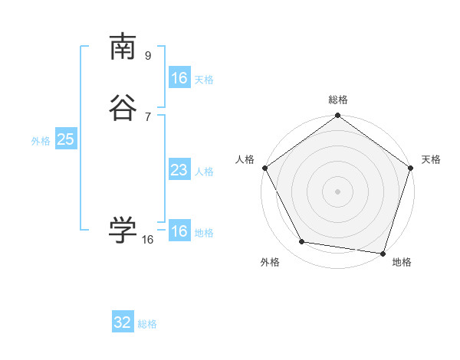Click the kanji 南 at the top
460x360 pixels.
coord(123,47)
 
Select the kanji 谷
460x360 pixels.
coord(123,108)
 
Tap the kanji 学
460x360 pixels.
coord(123,229)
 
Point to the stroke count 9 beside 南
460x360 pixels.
coord(148,56)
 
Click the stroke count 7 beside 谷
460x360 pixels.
coord(148,117)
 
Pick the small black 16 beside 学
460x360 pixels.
coord(148,240)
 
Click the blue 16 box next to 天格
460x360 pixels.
coord(179,78)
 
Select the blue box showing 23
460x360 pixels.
coord(179,170)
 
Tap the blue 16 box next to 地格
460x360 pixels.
coord(179,231)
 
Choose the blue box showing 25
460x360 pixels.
coord(65,139)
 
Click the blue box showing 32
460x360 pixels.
coord(123,322)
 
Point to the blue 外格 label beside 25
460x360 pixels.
coord(41,141)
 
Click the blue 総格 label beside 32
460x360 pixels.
coord(147,324)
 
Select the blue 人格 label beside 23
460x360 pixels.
coord(204,172)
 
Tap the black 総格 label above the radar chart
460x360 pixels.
coord(338,100)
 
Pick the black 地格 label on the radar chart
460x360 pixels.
coord(402,262)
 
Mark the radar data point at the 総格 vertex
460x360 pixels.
coord(338,116)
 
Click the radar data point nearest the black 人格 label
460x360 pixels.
coord(264,168)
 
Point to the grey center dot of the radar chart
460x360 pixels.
coord(338,191)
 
